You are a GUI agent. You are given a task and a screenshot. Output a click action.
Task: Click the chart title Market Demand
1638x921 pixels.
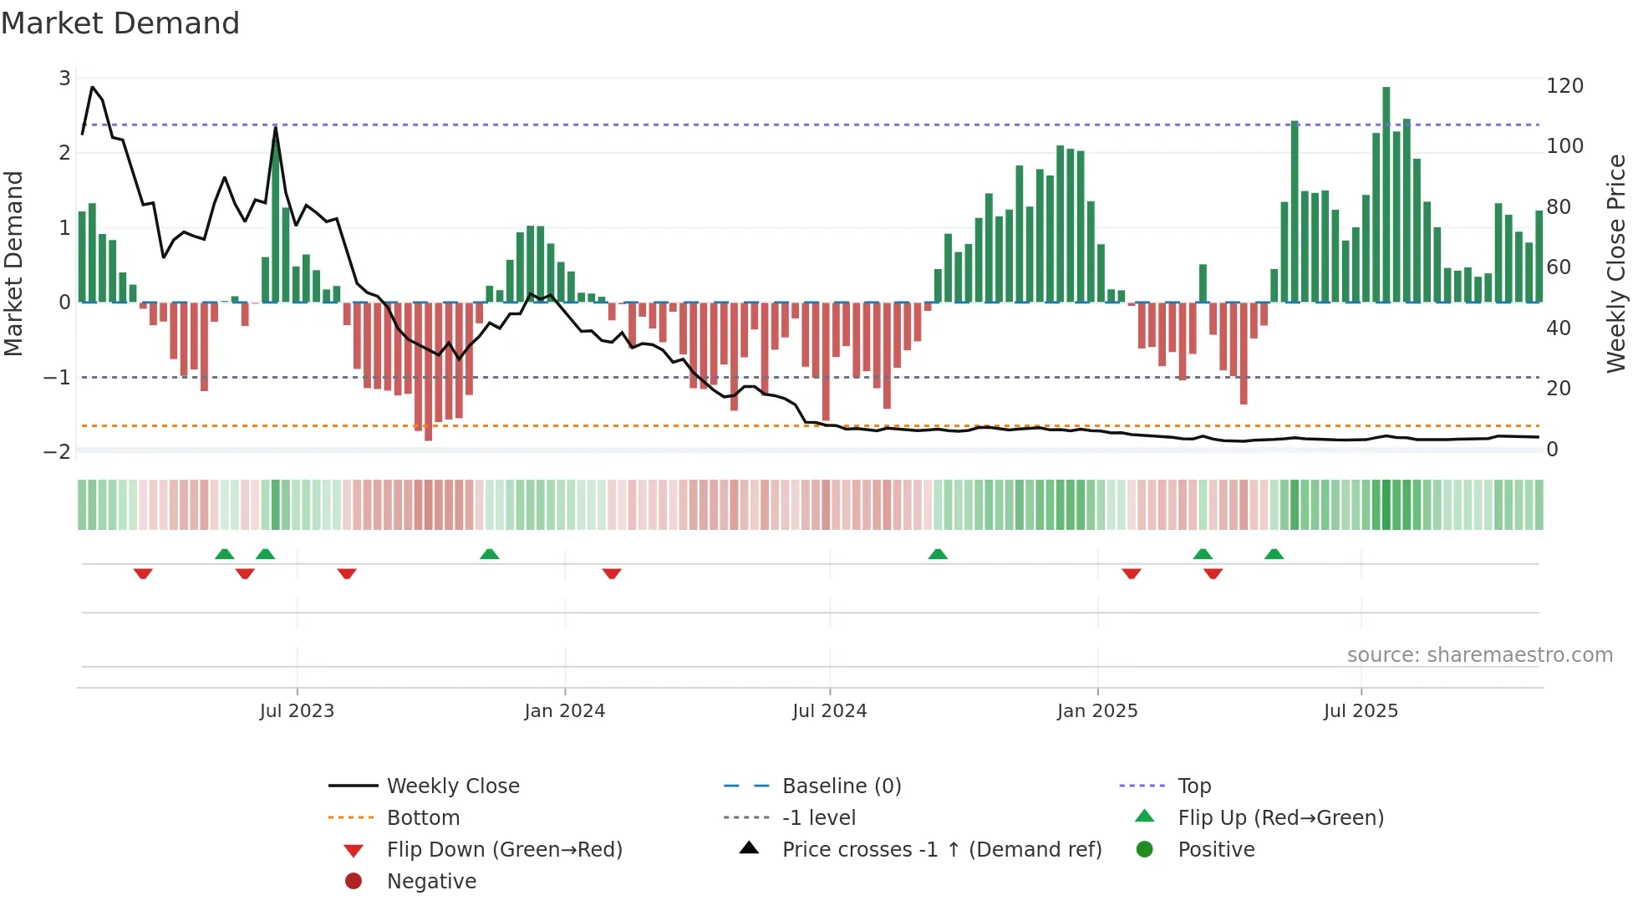click(120, 23)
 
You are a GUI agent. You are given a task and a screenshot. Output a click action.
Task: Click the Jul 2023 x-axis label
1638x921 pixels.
click(297, 711)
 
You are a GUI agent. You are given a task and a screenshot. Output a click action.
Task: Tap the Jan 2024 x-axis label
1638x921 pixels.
click(564, 711)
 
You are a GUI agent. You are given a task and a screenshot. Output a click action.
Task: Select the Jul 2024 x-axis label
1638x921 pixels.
click(829, 711)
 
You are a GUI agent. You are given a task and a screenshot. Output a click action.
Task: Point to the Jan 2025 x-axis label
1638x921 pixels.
click(1096, 711)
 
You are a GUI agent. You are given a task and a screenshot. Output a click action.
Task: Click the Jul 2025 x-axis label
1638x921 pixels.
click(1361, 711)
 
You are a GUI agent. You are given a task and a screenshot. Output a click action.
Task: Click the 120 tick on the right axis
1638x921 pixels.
click(1564, 86)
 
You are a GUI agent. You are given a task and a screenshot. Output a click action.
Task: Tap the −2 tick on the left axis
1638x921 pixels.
click(57, 452)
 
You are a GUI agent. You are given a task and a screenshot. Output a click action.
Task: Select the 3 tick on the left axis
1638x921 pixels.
click(64, 79)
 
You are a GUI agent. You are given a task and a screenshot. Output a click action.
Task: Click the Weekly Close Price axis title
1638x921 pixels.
click(1616, 263)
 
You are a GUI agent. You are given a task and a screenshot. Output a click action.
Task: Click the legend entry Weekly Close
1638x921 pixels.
click(452, 786)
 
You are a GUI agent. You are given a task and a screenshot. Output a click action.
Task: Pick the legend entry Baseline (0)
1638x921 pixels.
click(841, 786)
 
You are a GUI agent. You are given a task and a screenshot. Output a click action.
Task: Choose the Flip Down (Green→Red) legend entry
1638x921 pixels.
click(504, 850)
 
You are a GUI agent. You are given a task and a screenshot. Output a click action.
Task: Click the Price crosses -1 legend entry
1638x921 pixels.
click(941, 850)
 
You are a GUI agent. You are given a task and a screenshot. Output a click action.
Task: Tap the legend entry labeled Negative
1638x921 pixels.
click(431, 882)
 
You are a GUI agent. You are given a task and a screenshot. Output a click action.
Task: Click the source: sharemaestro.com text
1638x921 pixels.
click(1479, 655)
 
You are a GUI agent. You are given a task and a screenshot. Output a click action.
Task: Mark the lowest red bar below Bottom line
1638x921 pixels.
click(428, 372)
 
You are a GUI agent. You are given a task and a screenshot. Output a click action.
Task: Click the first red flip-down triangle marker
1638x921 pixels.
click(143, 573)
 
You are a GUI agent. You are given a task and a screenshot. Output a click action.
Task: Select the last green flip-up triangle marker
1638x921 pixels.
click(1274, 554)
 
